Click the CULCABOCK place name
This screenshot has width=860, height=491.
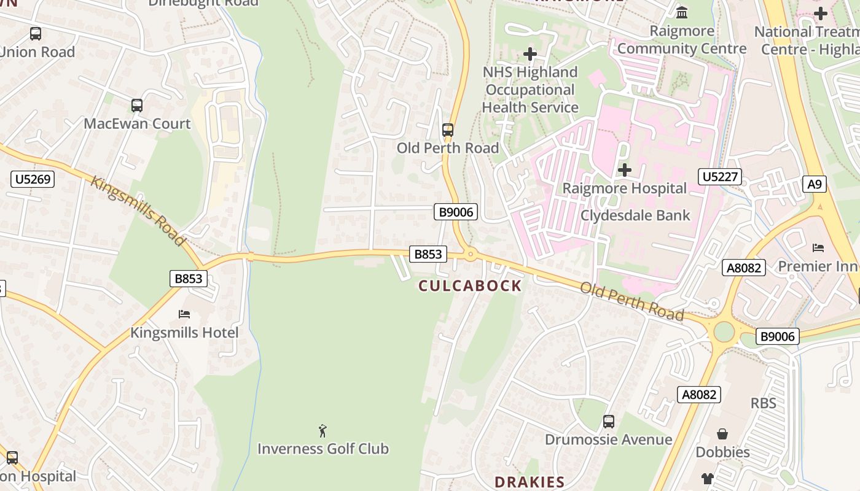click(470, 285)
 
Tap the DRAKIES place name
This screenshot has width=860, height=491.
click(529, 482)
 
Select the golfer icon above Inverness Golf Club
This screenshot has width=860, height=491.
click(322, 431)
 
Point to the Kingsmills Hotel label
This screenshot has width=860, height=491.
click(184, 333)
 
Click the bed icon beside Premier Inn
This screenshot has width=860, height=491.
click(818, 248)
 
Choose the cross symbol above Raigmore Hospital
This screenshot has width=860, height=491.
click(625, 170)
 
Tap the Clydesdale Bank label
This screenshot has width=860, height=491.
click(635, 215)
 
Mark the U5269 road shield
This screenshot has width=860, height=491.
click(33, 179)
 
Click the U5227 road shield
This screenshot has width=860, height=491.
click(720, 177)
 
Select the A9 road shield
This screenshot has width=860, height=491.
click(815, 184)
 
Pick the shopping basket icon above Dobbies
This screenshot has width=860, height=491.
click(722, 435)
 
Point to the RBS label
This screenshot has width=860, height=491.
click(763, 403)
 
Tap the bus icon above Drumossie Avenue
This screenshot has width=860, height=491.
click(608, 422)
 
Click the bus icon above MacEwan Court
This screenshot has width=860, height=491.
click(137, 106)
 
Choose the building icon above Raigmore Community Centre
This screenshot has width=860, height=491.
click(682, 12)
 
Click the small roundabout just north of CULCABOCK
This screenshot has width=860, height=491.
click(471, 253)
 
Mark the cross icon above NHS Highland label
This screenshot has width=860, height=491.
click(530, 54)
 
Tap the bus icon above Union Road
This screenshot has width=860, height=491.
click(36, 34)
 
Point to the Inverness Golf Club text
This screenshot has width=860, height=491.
click(322, 449)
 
